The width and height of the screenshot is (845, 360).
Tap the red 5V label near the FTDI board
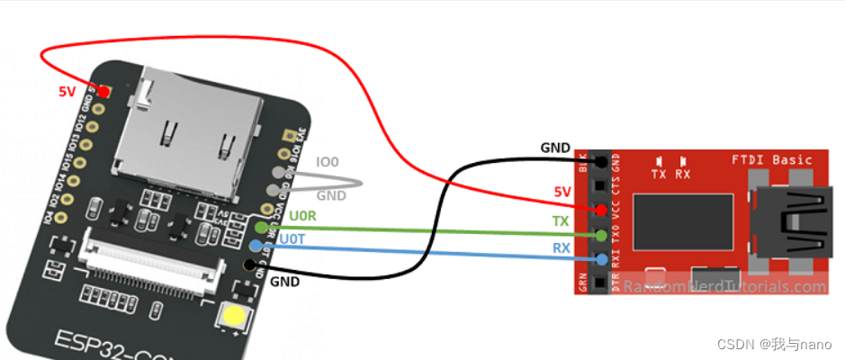(562, 192)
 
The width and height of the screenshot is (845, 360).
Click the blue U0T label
(292, 239)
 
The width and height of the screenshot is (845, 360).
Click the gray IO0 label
(328, 163)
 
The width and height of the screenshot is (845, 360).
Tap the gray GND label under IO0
(331, 194)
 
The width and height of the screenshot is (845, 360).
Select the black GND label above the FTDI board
(555, 148)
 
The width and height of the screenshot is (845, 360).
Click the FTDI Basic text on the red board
(773, 160)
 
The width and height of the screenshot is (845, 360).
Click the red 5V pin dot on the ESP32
(104, 92)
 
